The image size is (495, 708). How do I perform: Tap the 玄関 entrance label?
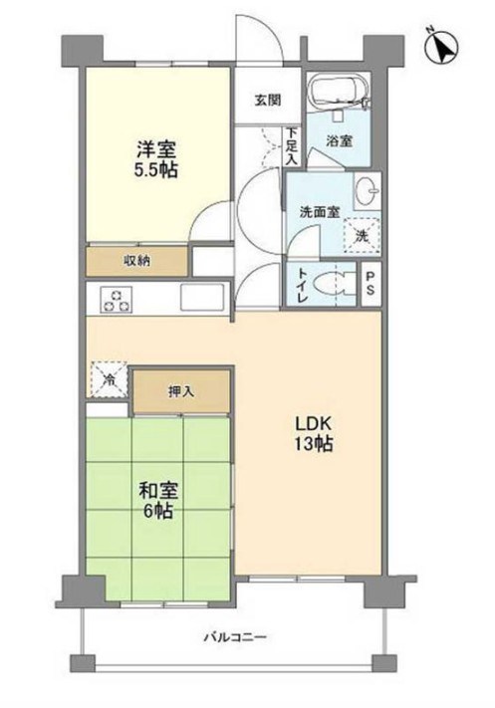[x=267, y=99]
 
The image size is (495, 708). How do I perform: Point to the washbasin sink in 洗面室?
[x=367, y=188]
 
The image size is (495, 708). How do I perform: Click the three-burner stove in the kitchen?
[x=116, y=298]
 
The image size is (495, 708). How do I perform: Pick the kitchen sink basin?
[x=203, y=297]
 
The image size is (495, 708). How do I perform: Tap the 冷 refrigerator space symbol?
[x=108, y=377]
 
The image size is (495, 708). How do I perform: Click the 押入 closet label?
[x=181, y=391]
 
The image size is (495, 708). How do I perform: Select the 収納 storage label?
[x=136, y=261]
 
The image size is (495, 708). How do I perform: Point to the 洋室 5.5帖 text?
[x=156, y=160]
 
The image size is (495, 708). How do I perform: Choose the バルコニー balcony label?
[x=235, y=637]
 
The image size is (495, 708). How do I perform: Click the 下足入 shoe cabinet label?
[x=291, y=145]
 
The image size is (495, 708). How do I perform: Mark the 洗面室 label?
[x=321, y=211]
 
